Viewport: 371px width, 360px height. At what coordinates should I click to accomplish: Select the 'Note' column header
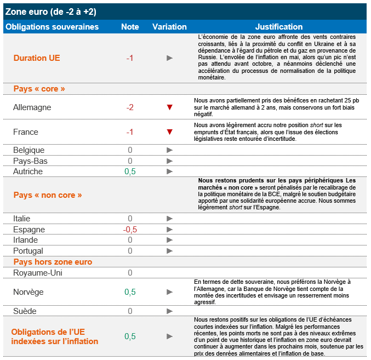pos(130,26)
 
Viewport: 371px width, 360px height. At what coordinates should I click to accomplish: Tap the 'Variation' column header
pos(169,26)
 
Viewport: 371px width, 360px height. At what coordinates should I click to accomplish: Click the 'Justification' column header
pos(278,26)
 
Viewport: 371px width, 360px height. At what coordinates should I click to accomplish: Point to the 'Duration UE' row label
pos(37,58)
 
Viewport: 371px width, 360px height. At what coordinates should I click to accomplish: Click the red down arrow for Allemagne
pos(170,107)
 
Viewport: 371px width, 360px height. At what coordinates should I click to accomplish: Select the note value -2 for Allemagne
pos(130,107)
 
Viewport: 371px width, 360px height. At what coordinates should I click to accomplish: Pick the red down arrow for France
pos(170,132)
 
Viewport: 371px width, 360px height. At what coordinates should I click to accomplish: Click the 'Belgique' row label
pos(29,150)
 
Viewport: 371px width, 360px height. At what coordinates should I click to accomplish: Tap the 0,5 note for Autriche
pos(130,172)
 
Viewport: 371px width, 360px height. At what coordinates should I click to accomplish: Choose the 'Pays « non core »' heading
pos(48,195)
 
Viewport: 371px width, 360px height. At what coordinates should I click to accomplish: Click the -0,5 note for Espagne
pos(130,230)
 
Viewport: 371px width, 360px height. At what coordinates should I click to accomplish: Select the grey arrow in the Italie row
pos(170,219)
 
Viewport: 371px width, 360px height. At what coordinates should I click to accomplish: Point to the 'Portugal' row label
pos(28,251)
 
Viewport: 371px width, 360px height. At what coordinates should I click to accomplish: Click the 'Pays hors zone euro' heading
pos(53,262)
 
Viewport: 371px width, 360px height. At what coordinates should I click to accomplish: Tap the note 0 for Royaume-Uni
pos(130,272)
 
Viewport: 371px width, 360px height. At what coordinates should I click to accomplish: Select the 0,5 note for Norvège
pos(130,292)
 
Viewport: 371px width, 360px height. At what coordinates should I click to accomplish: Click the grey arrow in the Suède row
pos(170,311)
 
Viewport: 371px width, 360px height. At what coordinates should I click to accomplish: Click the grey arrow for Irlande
pos(170,240)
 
